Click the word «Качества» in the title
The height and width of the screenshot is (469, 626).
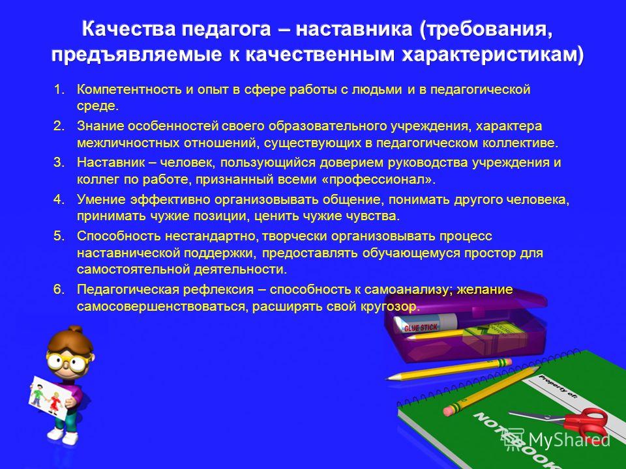coord(128,29)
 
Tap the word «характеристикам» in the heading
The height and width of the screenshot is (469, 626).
coord(492,55)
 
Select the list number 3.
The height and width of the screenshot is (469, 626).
coord(59,162)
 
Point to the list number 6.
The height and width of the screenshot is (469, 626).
coord(59,289)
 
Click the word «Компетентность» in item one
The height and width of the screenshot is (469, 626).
coord(129,89)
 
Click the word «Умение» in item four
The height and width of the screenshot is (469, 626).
coord(102,199)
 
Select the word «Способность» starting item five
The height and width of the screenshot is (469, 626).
coord(119,236)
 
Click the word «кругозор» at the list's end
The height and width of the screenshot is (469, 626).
coord(388,306)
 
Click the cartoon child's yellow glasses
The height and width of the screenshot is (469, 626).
coord(66,362)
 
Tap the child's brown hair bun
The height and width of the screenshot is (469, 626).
coord(74,330)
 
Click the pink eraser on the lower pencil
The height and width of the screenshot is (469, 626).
coord(453,409)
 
